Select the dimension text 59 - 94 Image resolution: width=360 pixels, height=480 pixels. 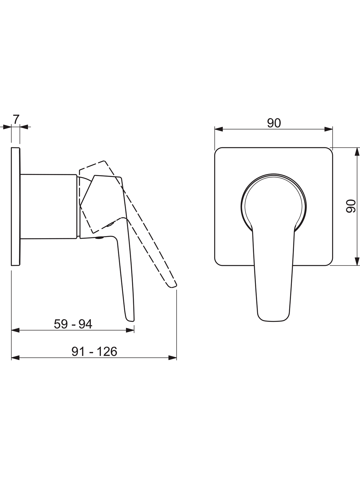point(73,324)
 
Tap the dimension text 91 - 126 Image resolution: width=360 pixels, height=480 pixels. point(94,352)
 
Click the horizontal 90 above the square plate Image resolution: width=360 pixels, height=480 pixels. point(274,123)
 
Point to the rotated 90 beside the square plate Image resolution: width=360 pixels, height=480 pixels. point(351,206)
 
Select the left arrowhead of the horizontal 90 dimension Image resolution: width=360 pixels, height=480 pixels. point(219,129)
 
